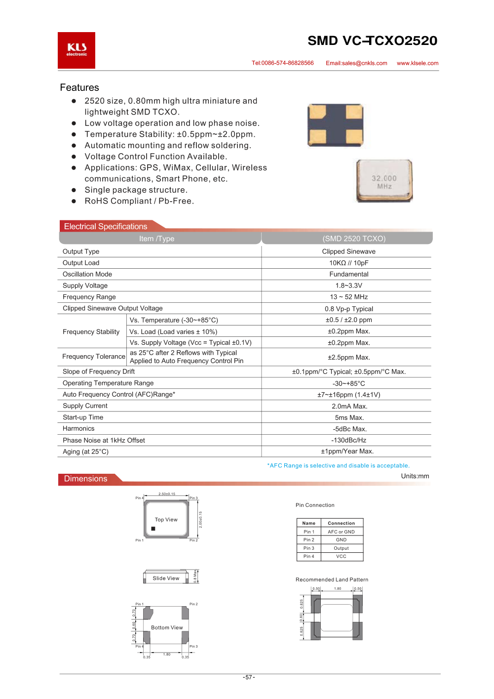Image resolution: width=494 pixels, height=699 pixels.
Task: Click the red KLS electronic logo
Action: click(76, 50)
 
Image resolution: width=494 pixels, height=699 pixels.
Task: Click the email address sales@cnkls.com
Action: click(356, 63)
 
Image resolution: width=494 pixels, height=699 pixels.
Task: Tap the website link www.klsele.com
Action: click(418, 63)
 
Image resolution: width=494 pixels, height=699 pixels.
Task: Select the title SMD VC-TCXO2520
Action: click(372, 41)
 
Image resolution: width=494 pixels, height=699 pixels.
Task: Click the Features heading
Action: click(79, 87)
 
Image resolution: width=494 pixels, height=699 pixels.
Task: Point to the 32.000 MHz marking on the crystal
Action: click(384, 181)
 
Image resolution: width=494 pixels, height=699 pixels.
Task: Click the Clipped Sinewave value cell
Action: click(348, 251)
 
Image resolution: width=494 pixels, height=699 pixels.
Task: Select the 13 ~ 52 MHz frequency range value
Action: click(348, 297)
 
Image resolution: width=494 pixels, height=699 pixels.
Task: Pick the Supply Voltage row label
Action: click(85, 286)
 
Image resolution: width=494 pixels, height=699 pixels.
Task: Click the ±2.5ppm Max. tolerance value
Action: click(348, 357)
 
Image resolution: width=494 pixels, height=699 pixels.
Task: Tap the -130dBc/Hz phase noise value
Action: click(348, 440)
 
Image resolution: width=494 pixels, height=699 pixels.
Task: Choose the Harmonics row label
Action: click(78, 429)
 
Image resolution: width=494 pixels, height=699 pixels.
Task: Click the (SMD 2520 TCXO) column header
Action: click(354, 239)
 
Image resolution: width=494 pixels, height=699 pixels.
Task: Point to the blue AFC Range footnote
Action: click(338, 465)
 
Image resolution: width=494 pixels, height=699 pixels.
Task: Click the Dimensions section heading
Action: click(85, 479)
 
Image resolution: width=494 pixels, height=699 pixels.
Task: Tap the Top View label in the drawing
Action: click(166, 520)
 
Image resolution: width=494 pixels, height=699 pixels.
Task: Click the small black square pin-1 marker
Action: click(153, 529)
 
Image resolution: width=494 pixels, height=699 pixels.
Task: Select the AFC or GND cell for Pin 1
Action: click(341, 532)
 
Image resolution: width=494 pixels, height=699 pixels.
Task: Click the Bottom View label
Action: click(167, 627)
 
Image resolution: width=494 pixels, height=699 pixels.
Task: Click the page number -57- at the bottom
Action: click(249, 677)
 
